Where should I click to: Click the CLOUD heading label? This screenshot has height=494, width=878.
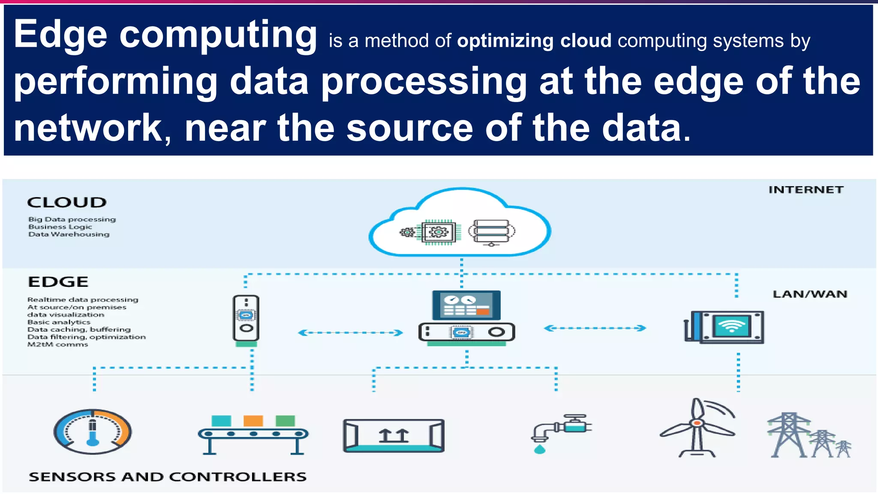[x=67, y=202]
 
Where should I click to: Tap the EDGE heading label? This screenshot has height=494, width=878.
[x=58, y=282]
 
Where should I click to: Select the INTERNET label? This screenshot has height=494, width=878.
[x=806, y=190]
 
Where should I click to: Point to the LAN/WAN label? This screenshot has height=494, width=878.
[x=810, y=294]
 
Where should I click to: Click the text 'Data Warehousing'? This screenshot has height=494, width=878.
[x=69, y=234]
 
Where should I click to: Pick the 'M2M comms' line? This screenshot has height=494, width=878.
[x=58, y=344]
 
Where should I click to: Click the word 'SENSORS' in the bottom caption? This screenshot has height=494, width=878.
[x=72, y=476]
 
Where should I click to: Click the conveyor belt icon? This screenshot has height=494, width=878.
[x=253, y=435]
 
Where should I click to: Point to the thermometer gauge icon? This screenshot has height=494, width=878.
[x=93, y=431]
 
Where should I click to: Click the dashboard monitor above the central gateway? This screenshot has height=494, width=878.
[x=466, y=305]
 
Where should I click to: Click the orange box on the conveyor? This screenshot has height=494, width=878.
[x=253, y=421]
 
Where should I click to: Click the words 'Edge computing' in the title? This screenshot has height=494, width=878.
[x=165, y=34]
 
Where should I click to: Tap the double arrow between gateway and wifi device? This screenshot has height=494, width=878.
[x=595, y=328]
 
